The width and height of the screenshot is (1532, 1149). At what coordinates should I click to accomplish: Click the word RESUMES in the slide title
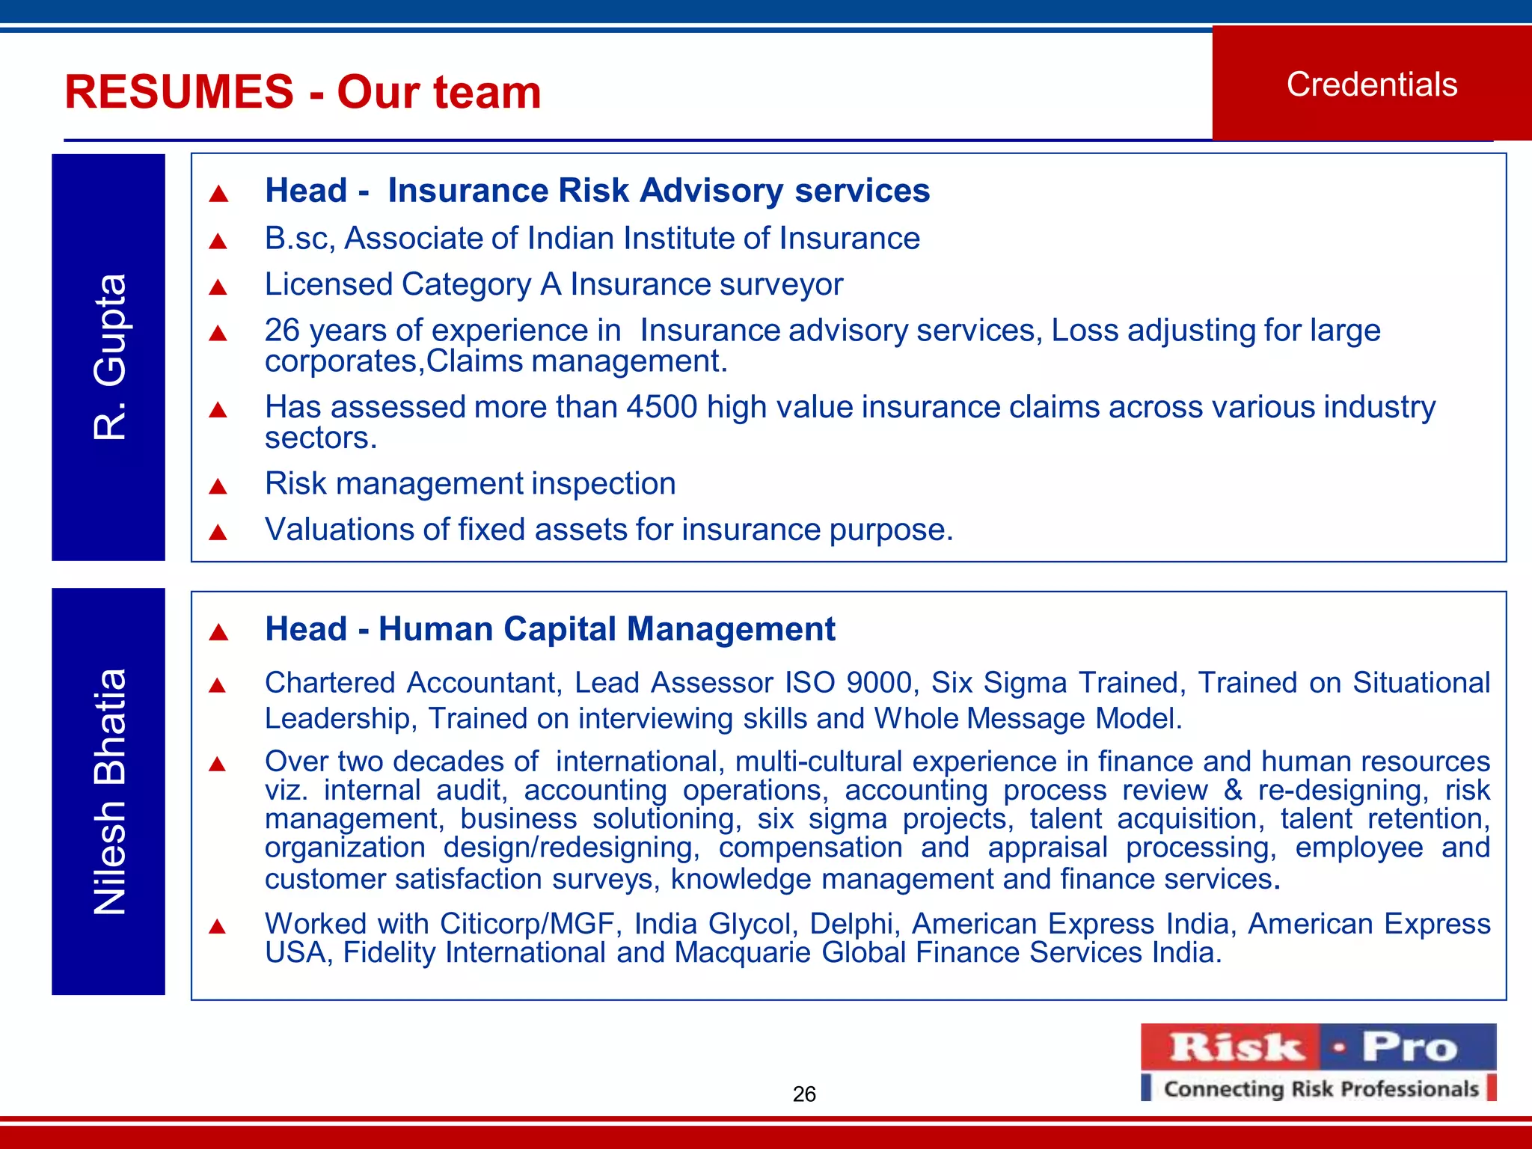pyautogui.click(x=180, y=92)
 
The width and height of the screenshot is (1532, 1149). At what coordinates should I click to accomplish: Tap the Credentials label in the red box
pyautogui.click(x=1371, y=85)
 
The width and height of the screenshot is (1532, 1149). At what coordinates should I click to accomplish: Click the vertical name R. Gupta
pyautogui.click(x=109, y=357)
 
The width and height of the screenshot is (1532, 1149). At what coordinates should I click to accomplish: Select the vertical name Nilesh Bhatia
pyautogui.click(x=109, y=791)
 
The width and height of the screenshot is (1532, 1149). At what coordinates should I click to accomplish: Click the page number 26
pyautogui.click(x=804, y=1094)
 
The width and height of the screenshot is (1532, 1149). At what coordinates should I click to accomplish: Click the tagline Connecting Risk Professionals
pyautogui.click(x=1321, y=1088)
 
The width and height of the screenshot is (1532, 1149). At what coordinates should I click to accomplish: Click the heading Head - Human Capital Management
pyautogui.click(x=550, y=629)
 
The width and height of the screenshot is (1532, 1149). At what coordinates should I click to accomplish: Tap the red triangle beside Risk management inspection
pyautogui.click(x=218, y=487)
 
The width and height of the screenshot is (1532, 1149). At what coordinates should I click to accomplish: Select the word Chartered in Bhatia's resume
pyautogui.click(x=330, y=683)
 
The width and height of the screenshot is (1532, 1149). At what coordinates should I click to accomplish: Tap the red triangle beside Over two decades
pyautogui.click(x=218, y=764)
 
